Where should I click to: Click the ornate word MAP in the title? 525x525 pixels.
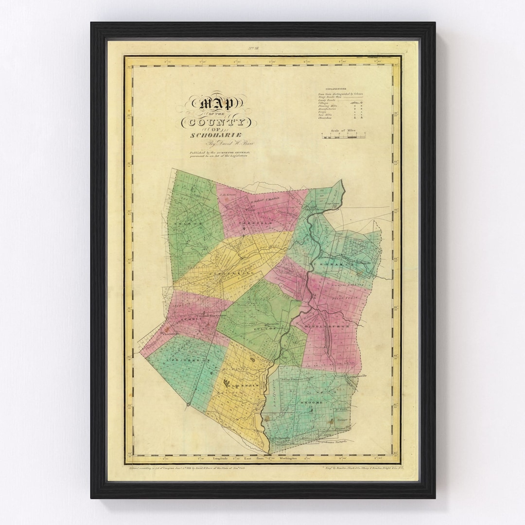pos(214,103)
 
